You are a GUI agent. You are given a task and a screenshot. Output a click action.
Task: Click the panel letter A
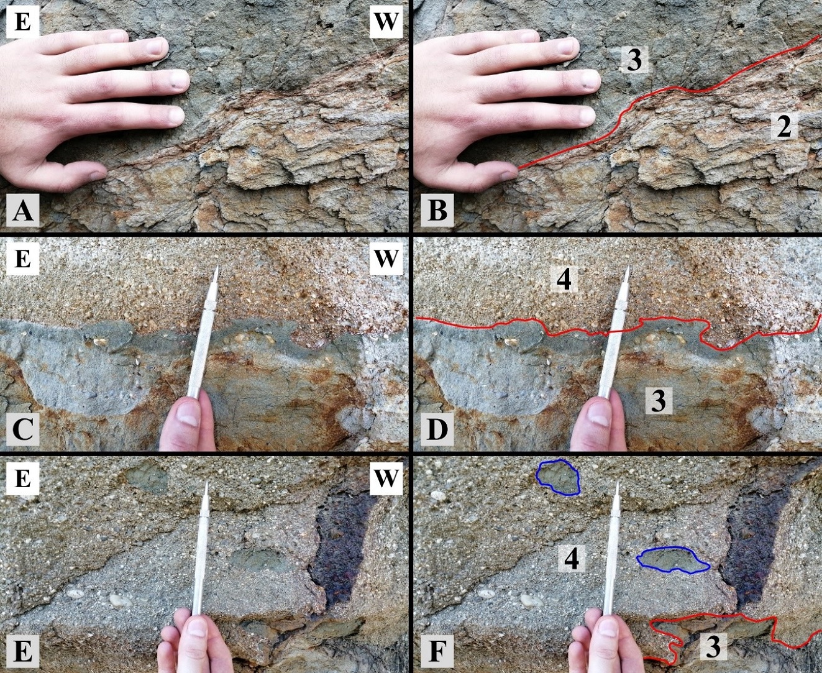(x=22, y=211)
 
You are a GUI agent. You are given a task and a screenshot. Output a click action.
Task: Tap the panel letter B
(x=437, y=211)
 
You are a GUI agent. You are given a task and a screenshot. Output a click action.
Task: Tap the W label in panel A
(x=386, y=22)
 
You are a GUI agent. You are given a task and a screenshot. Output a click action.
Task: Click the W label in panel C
(x=386, y=258)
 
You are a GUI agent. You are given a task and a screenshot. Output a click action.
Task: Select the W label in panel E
(x=386, y=478)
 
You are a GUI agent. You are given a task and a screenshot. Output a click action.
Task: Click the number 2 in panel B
(x=784, y=127)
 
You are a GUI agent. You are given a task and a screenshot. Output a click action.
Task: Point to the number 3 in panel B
(x=634, y=60)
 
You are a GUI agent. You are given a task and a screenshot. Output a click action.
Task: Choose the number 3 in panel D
(x=659, y=400)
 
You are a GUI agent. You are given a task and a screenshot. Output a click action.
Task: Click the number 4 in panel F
(x=572, y=559)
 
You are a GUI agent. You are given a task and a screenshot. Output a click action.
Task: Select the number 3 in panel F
(x=713, y=645)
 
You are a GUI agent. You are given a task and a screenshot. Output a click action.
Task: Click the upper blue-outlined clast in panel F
(x=559, y=477)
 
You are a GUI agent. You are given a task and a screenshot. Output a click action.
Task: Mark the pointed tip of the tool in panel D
(x=629, y=267)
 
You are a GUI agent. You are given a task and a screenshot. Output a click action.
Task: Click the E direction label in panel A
(x=22, y=22)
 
